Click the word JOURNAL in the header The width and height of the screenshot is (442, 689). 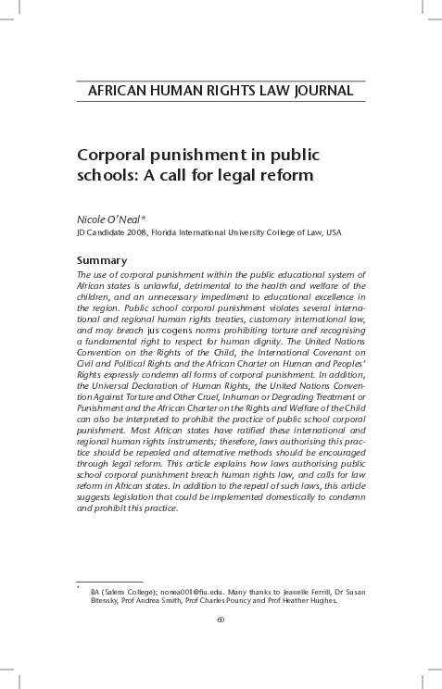(321, 91)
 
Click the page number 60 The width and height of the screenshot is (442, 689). (221, 619)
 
